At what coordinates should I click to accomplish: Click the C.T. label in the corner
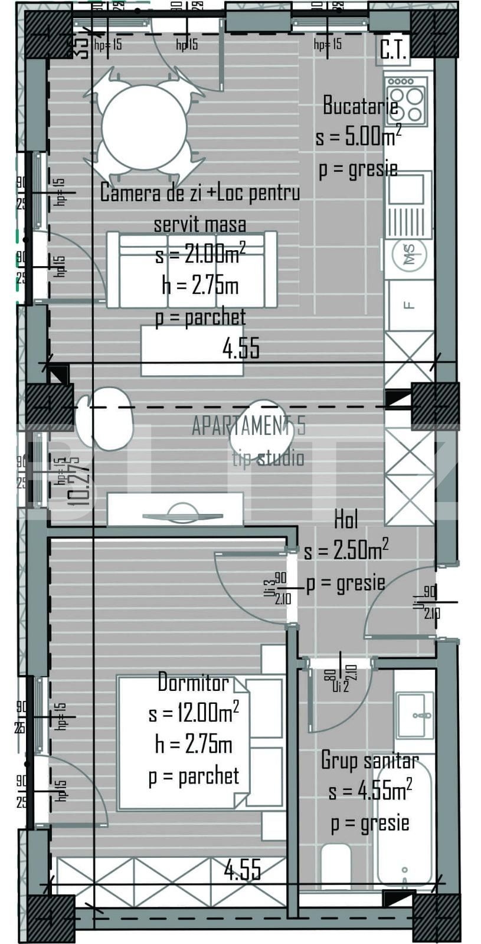coord(393,51)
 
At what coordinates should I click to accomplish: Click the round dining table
coord(144,127)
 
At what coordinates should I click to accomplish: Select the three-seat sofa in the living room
coord(192,269)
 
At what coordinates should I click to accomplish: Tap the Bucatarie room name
coord(360,106)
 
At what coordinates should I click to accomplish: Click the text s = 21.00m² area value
coord(200,255)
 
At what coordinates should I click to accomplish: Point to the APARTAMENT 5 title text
coord(248,426)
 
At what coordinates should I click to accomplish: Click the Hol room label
coord(346,520)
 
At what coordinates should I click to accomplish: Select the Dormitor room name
coord(193,683)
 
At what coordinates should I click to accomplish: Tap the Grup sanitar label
coord(369,761)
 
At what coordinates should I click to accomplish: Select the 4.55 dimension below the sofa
coord(241,348)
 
